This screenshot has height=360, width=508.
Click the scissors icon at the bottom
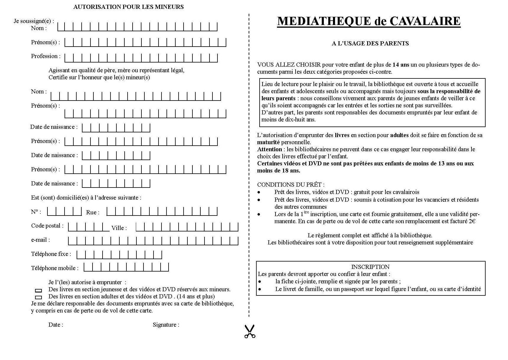(250, 331)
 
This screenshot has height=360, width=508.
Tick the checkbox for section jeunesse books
(39, 290)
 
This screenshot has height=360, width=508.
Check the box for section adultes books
(39, 297)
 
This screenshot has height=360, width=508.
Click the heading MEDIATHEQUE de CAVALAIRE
(369, 21)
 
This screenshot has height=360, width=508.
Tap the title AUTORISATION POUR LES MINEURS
(128, 7)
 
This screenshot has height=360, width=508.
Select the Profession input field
(141, 58)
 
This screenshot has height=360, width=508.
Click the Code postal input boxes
(88, 227)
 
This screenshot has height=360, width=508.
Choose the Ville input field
(187, 227)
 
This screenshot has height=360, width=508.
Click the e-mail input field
(153, 241)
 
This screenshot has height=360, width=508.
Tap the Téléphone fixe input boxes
(119, 255)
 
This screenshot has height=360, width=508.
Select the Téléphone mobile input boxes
(126, 267)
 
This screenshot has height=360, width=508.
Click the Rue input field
(162, 211)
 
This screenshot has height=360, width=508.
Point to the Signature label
(166, 325)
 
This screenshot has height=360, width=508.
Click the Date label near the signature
(56, 325)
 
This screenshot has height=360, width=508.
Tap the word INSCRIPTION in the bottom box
(370, 267)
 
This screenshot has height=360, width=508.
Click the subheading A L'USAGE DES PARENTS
(370, 44)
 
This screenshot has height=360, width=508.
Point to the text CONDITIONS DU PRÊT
(291, 185)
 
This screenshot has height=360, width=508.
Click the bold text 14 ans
(401, 65)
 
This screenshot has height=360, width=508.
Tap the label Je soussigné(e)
(34, 21)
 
